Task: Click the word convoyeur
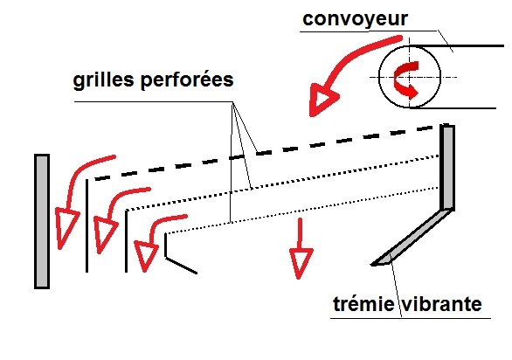coord(355,19)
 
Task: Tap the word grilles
coord(103,80)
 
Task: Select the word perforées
coord(187,80)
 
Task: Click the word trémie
coord(363,304)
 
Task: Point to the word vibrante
coord(441,304)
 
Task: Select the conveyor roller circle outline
coord(379,77)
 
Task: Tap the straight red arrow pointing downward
coord(300,248)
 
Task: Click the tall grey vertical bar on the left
coord(42,221)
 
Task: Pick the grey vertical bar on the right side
coord(447,167)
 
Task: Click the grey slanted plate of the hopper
coord(412,238)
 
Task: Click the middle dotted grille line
coord(282,183)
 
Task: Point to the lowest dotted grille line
coord(302,211)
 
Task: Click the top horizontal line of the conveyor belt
coord(457,46)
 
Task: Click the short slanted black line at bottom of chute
coord(182,266)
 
